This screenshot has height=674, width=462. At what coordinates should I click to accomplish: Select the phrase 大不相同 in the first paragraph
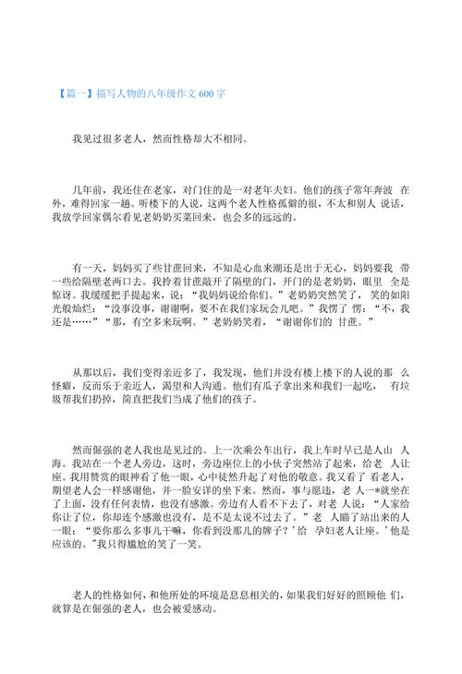pos(220,141)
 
